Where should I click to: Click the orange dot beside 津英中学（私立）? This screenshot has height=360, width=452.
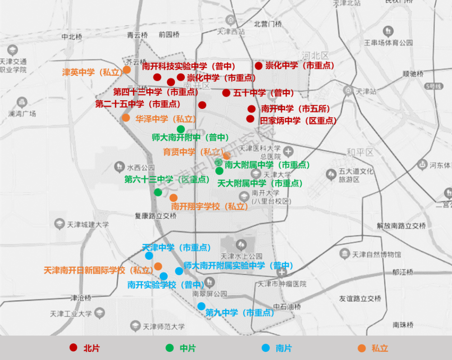click(x=127, y=70)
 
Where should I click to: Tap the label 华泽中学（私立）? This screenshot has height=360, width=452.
click(x=165, y=119)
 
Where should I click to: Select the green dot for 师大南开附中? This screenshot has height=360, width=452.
click(x=180, y=129)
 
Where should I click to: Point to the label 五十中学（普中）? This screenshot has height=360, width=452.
click(x=264, y=93)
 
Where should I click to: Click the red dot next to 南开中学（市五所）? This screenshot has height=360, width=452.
click(x=252, y=109)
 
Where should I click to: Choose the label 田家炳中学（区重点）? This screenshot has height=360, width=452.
click(x=298, y=121)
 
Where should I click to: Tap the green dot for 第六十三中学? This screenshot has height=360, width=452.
click(x=158, y=192)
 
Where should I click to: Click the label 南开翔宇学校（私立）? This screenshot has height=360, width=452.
click(x=210, y=206)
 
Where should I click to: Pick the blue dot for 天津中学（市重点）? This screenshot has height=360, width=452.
click(x=149, y=256)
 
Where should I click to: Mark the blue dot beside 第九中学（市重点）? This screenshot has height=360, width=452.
click(x=201, y=306)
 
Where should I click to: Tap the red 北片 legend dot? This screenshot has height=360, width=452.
click(x=73, y=348)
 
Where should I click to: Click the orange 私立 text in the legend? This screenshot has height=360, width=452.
click(x=380, y=348)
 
